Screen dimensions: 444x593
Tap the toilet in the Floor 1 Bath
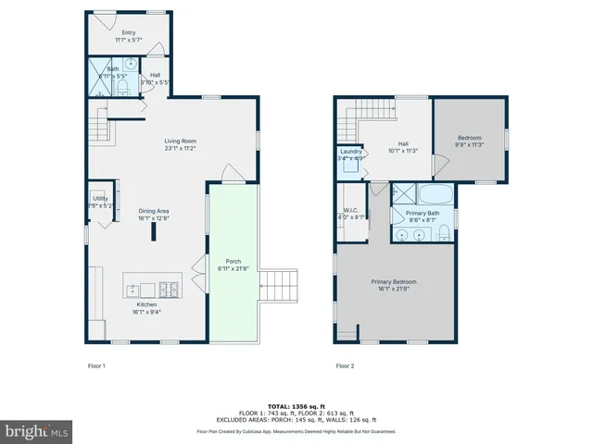(x=123, y=87)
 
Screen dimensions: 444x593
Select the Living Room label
(x=181, y=140)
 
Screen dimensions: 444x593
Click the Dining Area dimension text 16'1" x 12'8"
(x=155, y=218)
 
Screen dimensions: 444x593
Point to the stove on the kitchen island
(x=170, y=287)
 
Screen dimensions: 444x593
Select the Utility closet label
(x=101, y=198)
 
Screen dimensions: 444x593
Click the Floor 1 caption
(x=96, y=365)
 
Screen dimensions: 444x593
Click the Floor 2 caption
(x=345, y=365)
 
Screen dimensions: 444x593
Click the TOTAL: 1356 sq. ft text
(x=296, y=406)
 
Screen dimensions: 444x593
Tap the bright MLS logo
(x=37, y=430)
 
